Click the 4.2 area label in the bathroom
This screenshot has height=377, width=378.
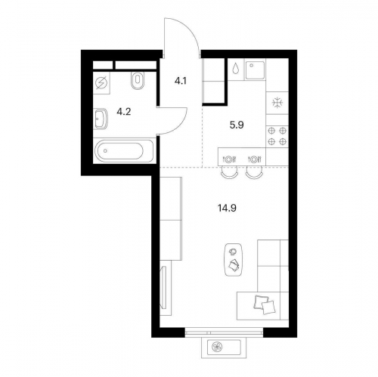click(x=124, y=111)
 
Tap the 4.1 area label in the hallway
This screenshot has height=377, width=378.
click(x=181, y=81)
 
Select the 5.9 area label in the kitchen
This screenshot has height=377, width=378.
click(x=237, y=125)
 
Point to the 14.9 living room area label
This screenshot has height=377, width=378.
click(x=227, y=208)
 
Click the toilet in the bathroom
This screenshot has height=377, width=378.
click(x=138, y=80)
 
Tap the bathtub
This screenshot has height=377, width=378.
click(x=123, y=151)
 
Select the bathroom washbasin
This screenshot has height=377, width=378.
click(x=101, y=119)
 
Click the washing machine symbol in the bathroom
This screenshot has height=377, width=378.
click(x=101, y=83)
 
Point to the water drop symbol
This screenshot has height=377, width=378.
click(x=236, y=68)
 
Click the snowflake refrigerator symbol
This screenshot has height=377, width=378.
click(x=277, y=103)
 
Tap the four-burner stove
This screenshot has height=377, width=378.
click(x=277, y=136)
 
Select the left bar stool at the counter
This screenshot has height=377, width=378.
click(x=229, y=174)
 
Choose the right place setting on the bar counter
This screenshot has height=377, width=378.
click(x=255, y=159)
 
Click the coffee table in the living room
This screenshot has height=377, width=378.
click(x=233, y=260)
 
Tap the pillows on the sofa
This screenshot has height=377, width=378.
click(x=264, y=304)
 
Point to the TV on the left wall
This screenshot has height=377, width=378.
click(x=164, y=287)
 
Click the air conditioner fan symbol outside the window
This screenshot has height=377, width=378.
click(x=216, y=348)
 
